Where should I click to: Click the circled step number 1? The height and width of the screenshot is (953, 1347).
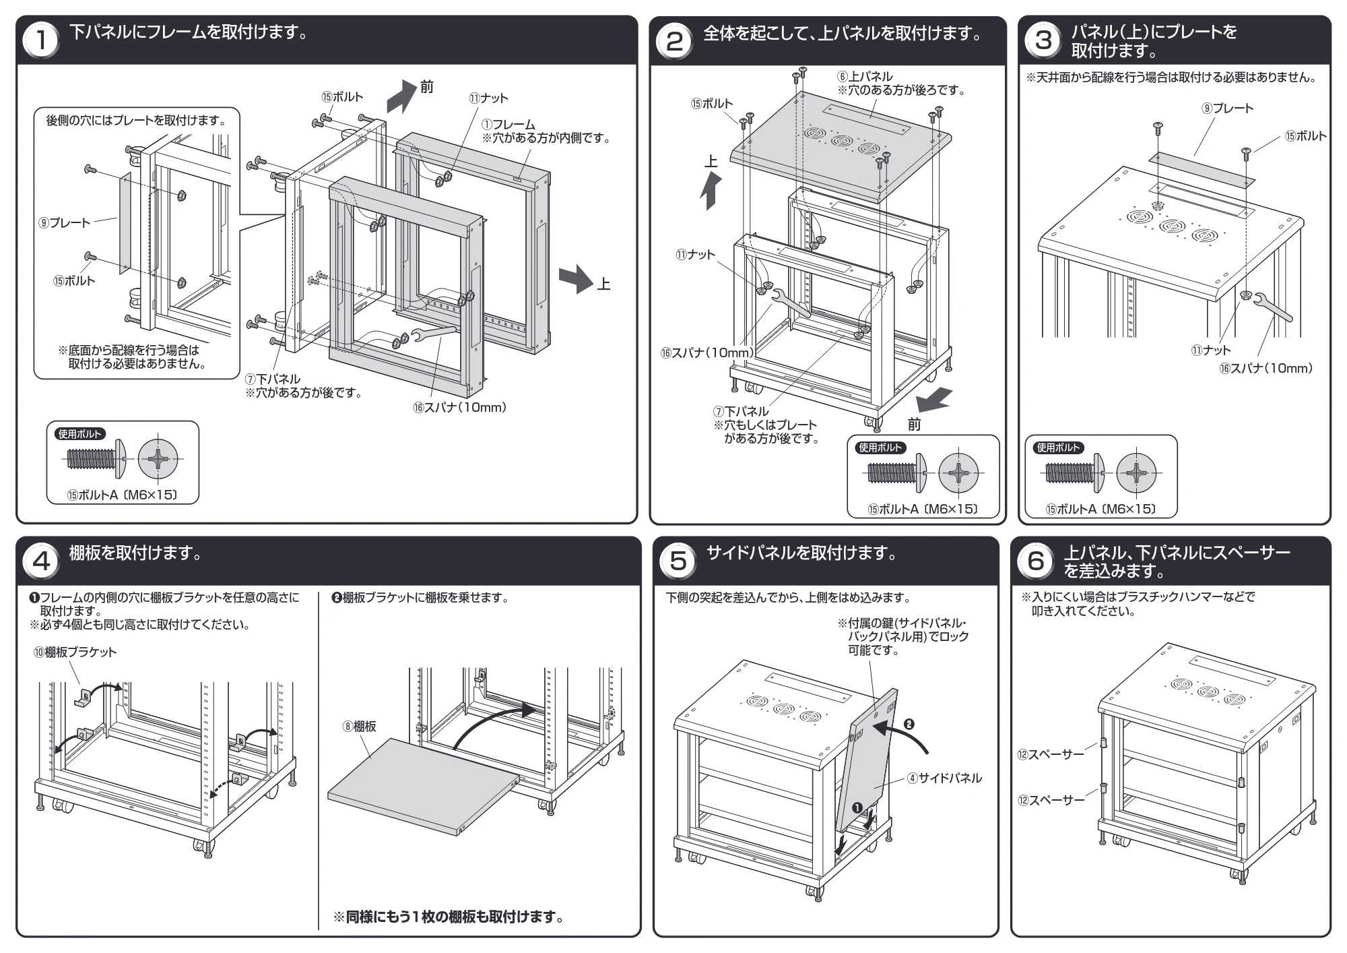[x=41, y=40]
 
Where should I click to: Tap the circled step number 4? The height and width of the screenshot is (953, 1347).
[x=41, y=561]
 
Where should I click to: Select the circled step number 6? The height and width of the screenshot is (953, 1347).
[x=1036, y=561]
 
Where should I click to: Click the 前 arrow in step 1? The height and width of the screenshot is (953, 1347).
[x=402, y=95]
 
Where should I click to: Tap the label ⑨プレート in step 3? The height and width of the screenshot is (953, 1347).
[x=1228, y=109]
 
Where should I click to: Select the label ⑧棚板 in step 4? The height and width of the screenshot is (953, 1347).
[x=360, y=726]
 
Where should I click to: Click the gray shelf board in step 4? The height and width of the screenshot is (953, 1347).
[x=424, y=787]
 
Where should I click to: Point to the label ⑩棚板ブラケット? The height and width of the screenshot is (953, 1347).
[x=75, y=652]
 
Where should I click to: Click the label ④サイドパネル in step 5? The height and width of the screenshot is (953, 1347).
[x=944, y=778]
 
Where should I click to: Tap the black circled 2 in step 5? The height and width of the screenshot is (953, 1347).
[x=908, y=725]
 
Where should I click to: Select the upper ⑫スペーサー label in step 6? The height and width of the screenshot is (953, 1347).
[x=1051, y=754]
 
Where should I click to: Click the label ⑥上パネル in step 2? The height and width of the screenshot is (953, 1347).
[x=865, y=77]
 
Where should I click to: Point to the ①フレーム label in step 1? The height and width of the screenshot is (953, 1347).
[x=508, y=125]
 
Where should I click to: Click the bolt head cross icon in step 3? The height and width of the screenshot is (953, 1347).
[x=1136, y=472]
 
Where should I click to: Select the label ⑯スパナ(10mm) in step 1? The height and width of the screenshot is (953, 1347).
[x=460, y=407]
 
